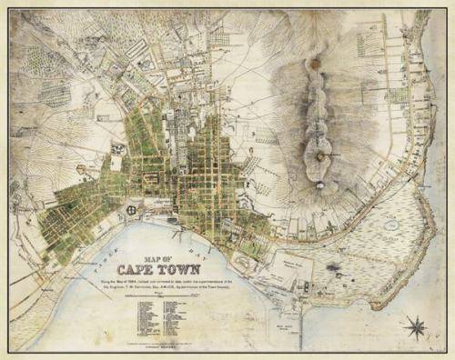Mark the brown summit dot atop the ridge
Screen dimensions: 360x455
315,65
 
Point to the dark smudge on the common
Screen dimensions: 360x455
334,268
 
